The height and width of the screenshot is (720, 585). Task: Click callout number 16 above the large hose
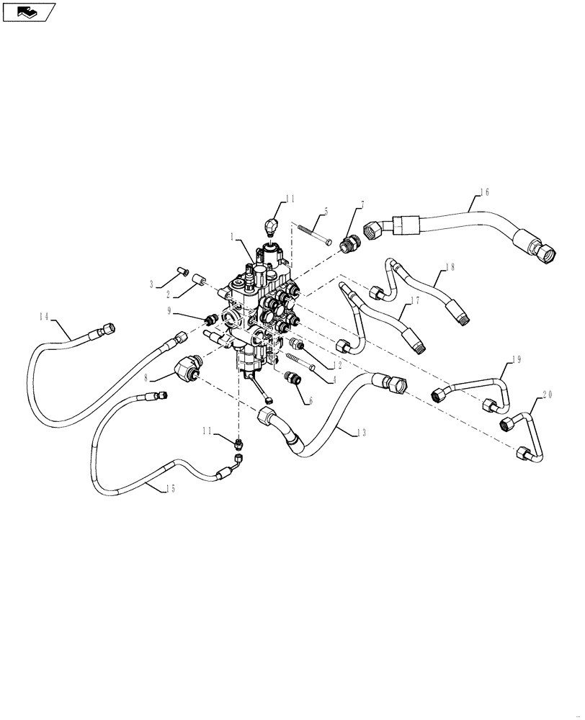tap(484, 192)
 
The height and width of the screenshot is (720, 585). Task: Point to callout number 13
tap(362, 432)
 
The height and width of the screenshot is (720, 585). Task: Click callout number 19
tap(516, 359)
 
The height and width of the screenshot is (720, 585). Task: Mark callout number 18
tap(450, 266)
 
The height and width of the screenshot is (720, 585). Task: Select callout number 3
tap(153, 285)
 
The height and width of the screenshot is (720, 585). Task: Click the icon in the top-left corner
tap(29, 12)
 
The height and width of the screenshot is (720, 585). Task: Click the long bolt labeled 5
tap(311, 235)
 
